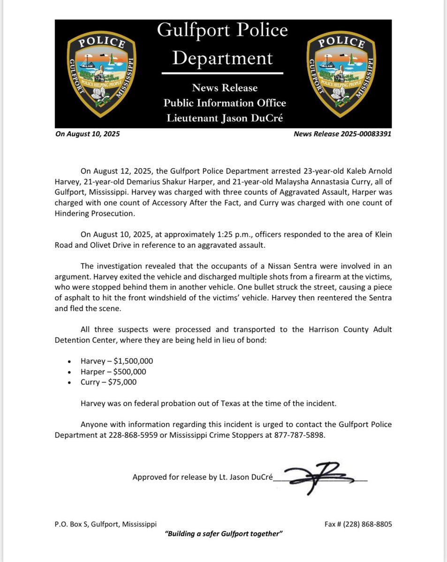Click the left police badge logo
(102, 74)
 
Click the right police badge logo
(341, 74)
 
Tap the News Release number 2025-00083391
(342, 134)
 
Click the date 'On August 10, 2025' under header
(88, 134)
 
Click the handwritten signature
(319, 478)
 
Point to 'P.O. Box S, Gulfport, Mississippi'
(106, 524)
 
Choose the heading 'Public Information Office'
(224, 103)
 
